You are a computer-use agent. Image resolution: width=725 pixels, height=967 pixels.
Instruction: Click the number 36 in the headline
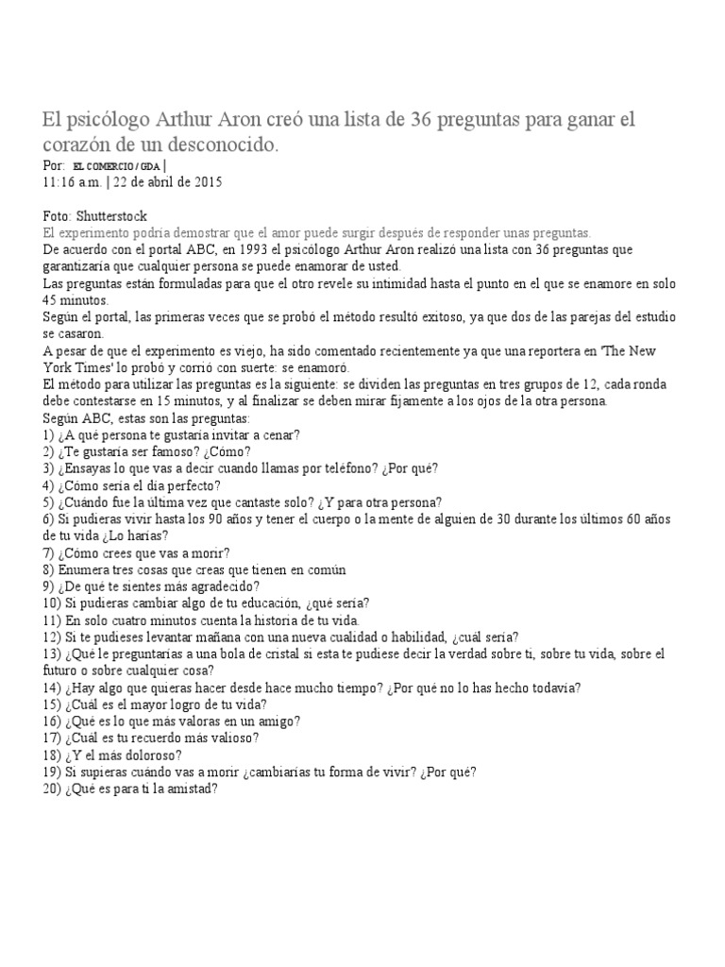click(x=424, y=122)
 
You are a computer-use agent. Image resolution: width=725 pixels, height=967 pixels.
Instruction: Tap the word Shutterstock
click(x=112, y=216)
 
